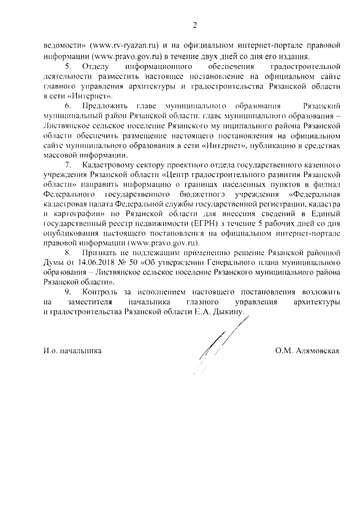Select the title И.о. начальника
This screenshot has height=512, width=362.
pos(72,351)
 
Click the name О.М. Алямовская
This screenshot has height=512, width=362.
pos(307,351)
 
